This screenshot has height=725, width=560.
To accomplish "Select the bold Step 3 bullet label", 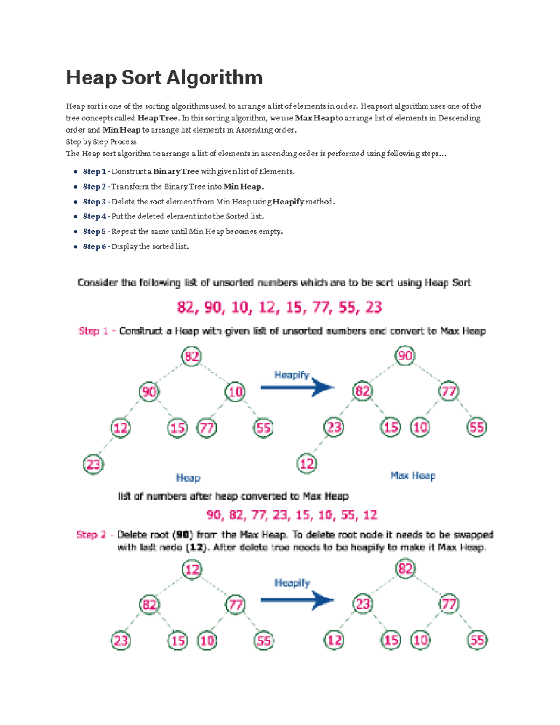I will (94, 202).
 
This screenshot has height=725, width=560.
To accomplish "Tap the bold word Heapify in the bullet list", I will (288, 202).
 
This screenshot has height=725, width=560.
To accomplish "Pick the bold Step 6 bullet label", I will (94, 246).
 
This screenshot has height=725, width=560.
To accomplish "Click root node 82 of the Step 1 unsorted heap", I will (191, 357).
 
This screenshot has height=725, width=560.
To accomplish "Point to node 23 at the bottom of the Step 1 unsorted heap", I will (93, 464).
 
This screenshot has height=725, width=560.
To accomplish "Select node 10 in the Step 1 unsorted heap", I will (235, 391).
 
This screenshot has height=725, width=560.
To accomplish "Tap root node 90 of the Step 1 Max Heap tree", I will (405, 356).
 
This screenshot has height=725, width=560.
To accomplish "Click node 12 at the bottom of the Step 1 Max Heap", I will (307, 464).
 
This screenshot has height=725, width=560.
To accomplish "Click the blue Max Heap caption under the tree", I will (413, 476).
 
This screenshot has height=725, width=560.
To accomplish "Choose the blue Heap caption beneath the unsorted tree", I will (188, 478).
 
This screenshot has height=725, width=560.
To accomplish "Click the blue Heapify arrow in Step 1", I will (298, 387).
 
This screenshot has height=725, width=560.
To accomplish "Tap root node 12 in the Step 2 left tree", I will (192, 570).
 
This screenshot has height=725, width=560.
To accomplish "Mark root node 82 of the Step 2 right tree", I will (405, 569).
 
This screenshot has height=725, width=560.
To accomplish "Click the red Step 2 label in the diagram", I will (91, 535).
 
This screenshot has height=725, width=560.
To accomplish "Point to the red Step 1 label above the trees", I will (93, 331).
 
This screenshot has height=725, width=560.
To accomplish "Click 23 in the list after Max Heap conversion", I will (280, 515).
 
